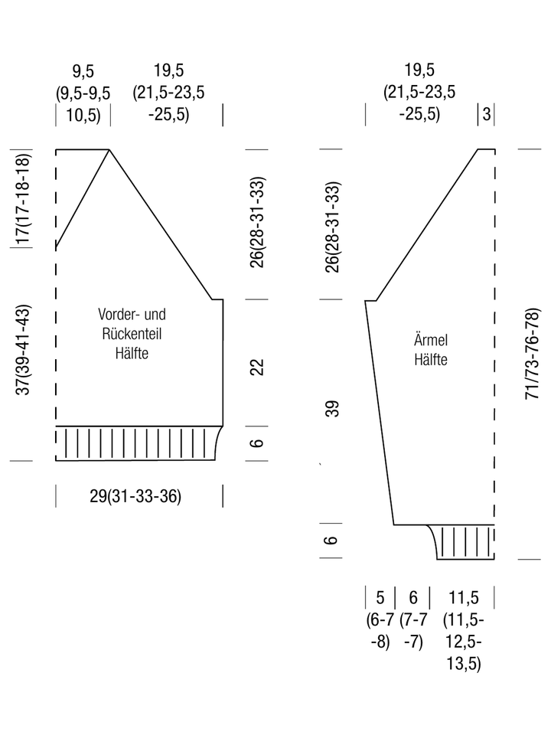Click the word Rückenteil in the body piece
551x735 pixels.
tap(132, 334)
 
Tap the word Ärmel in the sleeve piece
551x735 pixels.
tap(431, 339)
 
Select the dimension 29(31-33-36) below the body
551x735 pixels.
tap(135, 496)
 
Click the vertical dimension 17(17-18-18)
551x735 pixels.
tap(22, 199)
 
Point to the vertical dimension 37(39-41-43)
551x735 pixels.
tap(22, 350)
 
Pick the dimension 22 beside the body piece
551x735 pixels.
tap(257, 367)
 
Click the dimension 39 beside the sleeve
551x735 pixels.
tap(331, 409)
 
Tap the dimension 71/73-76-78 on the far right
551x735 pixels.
tap(532, 354)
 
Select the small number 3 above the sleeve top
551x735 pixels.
tap(487, 114)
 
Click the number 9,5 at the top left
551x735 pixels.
tap(83, 71)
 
